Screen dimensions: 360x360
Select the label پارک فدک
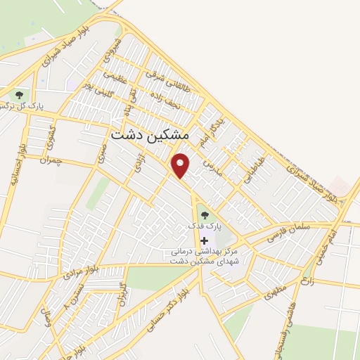[x=204, y=226]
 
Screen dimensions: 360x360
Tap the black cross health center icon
[x=205, y=240]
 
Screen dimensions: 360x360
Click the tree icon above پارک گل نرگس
[x=19, y=94]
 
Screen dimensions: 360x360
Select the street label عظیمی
[x=115, y=79]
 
